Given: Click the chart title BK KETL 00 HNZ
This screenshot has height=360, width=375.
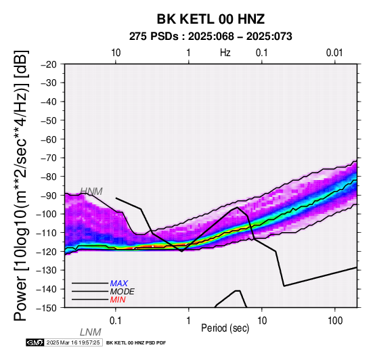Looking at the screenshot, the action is pyautogui.click(x=211, y=19).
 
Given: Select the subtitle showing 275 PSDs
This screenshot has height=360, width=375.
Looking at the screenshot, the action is pyautogui.click(x=211, y=37).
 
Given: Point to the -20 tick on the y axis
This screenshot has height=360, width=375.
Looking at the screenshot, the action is pyautogui.click(x=48, y=64).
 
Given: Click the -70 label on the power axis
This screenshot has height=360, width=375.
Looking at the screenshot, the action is pyautogui.click(x=48, y=158).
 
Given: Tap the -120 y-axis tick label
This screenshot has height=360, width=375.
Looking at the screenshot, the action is pyautogui.click(x=47, y=252).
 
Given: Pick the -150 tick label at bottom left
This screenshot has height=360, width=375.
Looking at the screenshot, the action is pyautogui.click(x=47, y=308).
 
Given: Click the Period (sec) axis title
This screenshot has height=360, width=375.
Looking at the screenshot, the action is pyautogui.click(x=225, y=328).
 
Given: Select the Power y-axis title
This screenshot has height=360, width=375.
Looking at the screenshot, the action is pyautogui.click(x=21, y=185).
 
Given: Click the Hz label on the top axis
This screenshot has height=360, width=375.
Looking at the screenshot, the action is pyautogui.click(x=225, y=52).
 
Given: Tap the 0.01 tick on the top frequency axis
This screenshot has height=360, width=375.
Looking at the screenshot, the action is pyautogui.click(x=334, y=53).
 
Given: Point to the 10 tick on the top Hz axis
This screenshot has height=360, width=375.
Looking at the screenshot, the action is pyautogui.click(x=116, y=53).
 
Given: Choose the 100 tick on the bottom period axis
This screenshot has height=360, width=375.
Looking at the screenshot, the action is pyautogui.click(x=335, y=321).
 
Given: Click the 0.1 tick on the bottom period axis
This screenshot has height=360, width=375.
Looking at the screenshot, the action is pyautogui.click(x=116, y=321).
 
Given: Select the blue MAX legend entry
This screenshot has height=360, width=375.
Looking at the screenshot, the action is pyautogui.click(x=119, y=284).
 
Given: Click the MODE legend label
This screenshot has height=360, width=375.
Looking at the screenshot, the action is pyautogui.click(x=123, y=292).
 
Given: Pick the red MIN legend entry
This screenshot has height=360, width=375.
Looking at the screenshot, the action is pyautogui.click(x=118, y=300).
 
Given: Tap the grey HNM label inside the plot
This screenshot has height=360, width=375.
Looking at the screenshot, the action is pyautogui.click(x=91, y=192).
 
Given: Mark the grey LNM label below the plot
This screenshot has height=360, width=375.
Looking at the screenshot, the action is pyautogui.click(x=91, y=332).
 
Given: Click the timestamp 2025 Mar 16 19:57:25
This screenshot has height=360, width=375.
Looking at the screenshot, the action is pyautogui.click(x=73, y=342).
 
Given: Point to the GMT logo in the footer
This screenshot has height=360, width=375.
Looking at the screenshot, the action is pyautogui.click(x=35, y=342).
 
